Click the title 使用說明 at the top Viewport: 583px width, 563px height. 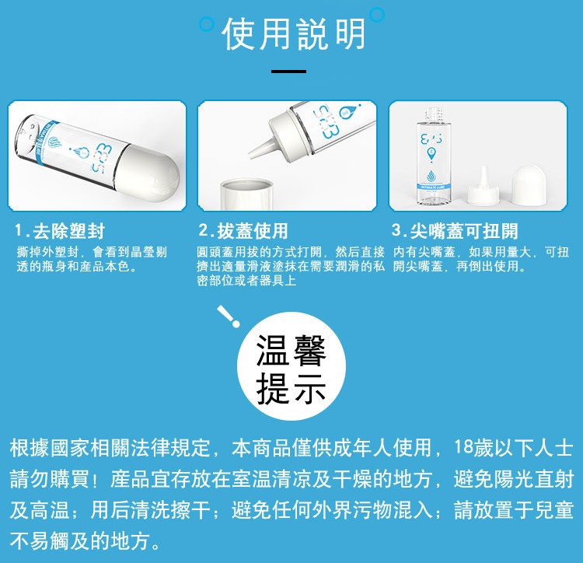pyautogui.click(x=294, y=34)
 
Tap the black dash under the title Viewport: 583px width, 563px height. pyautogui.click(x=288, y=71)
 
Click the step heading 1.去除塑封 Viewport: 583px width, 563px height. pyautogui.click(x=60, y=231)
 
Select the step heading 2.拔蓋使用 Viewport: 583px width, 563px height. pyautogui.click(x=243, y=230)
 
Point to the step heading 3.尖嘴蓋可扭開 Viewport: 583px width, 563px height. pyautogui.click(x=455, y=230)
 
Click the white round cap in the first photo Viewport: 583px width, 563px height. pyautogui.click(x=148, y=172)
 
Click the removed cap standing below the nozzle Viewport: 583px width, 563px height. pyautogui.click(x=247, y=194)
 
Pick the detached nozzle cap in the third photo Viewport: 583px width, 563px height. pyautogui.click(x=483, y=187)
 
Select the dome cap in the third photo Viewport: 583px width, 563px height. pyautogui.click(x=529, y=185)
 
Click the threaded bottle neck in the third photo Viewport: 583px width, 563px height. pyautogui.click(x=432, y=114)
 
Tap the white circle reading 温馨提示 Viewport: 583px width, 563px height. pyautogui.click(x=291, y=367)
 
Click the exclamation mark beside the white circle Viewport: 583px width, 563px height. pyautogui.click(x=229, y=316)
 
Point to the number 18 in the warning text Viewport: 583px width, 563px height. pyautogui.click(x=463, y=447)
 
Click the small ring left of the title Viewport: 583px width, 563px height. pyautogui.click(x=207, y=24)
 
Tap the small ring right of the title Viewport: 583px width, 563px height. pyautogui.click(x=377, y=15)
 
